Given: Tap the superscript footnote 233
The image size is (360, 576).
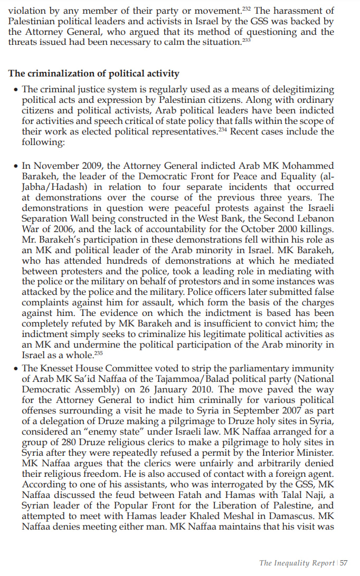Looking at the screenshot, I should click(246, 40).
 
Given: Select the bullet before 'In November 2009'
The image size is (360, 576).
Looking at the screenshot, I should click(15, 167).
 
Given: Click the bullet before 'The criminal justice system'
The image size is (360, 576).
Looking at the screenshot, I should click(15, 90).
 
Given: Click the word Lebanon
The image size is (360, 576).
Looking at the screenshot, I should click(316, 218).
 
